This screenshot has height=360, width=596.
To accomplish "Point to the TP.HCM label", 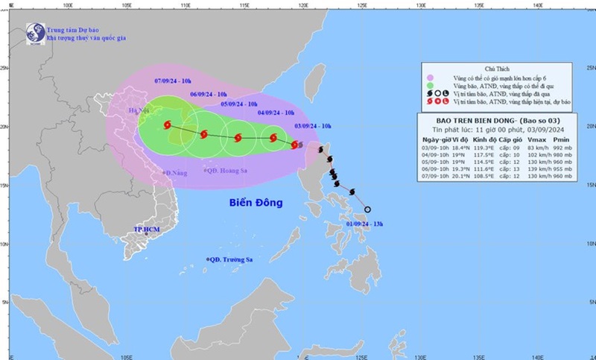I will coord(148,229).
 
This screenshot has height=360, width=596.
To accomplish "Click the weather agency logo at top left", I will coord(35,33).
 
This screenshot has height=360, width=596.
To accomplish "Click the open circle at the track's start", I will coord(367,209).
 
